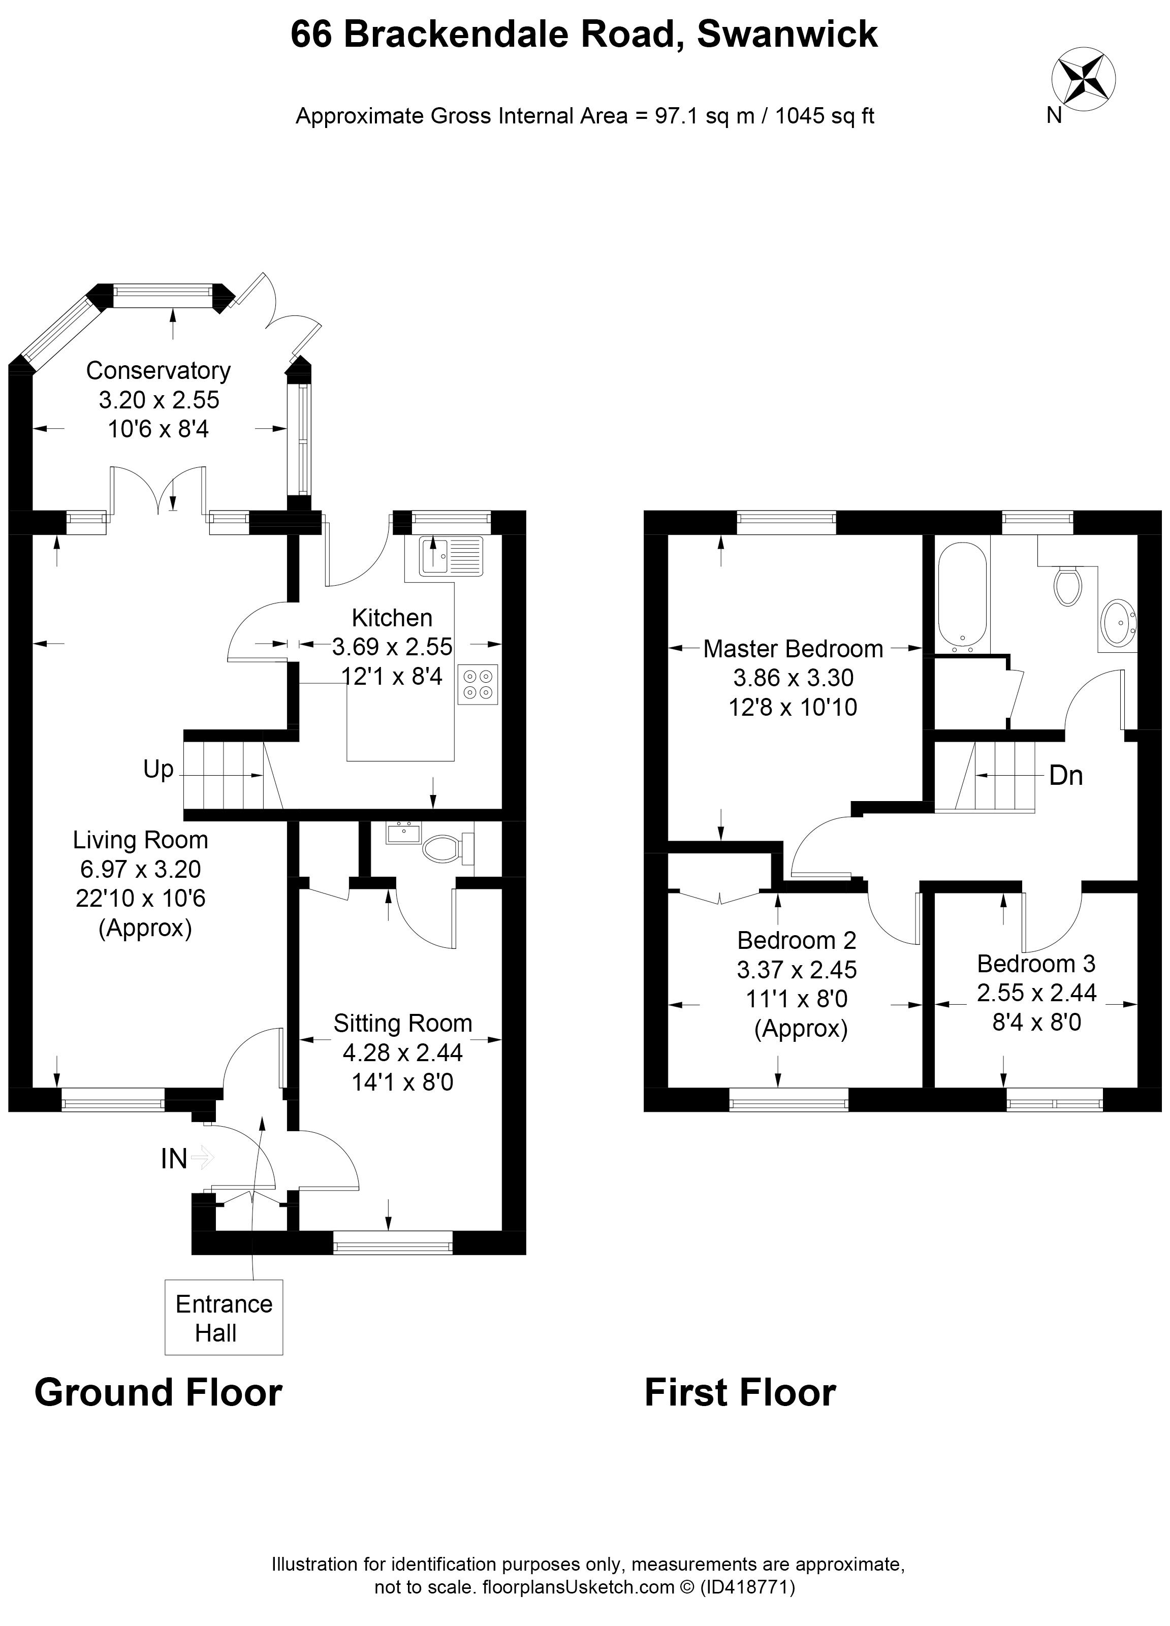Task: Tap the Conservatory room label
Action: pyautogui.click(x=159, y=371)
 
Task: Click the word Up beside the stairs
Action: pyautogui.click(x=159, y=769)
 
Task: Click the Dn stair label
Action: pyautogui.click(x=1065, y=776)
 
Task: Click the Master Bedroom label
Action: pyautogui.click(x=793, y=649)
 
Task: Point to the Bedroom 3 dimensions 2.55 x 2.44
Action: pyautogui.click(x=1037, y=992)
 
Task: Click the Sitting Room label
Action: pyautogui.click(x=403, y=1023)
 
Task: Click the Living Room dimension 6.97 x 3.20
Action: pyautogui.click(x=141, y=869)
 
